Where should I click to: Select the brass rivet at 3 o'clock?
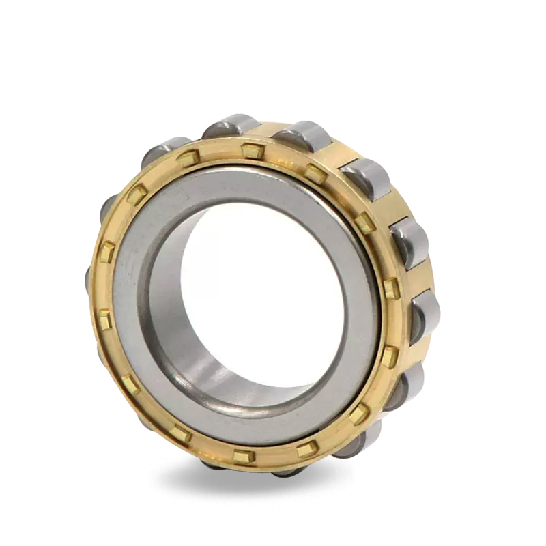(391, 287)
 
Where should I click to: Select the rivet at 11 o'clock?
(188, 158)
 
